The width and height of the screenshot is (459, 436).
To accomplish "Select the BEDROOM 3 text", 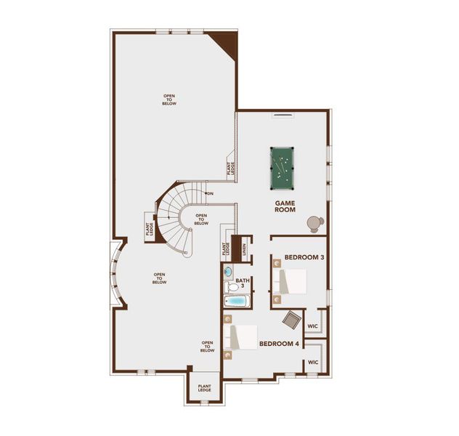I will (x=304, y=258).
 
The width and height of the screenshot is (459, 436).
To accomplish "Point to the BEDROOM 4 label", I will (x=279, y=344).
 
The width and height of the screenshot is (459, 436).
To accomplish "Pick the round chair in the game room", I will (x=314, y=222).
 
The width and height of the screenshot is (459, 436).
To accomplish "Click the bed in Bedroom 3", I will (x=290, y=282).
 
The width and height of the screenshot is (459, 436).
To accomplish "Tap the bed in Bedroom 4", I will (x=241, y=338).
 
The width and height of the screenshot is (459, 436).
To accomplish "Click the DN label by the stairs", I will (x=210, y=193).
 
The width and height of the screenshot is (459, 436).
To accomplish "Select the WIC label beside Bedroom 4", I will (x=312, y=362).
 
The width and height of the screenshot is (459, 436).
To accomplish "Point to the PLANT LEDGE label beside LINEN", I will (x=227, y=248).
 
